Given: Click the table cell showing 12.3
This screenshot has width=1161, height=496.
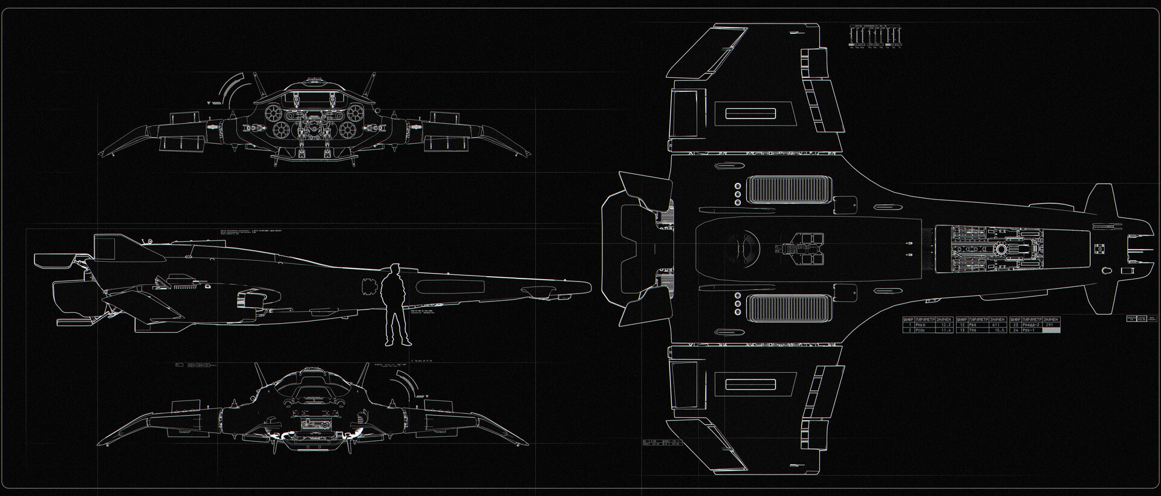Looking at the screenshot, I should tap(946, 325).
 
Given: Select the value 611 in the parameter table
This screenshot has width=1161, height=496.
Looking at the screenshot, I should tap(997, 325).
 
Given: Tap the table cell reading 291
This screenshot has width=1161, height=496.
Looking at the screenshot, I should tap(1050, 325).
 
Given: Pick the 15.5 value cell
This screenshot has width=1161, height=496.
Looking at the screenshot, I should tap(998, 330).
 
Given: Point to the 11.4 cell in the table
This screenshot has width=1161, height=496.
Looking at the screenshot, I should tap(946, 330).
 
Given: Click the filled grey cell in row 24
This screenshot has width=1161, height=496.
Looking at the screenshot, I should tap(1052, 330).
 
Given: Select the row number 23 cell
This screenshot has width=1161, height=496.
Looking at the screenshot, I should tap(1015, 325).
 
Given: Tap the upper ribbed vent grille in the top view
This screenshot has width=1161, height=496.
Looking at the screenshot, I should tap(787, 189).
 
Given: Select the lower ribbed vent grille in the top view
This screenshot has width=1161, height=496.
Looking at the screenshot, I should tap(787, 308).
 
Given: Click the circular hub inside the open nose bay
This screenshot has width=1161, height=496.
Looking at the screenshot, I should tap(1001, 249).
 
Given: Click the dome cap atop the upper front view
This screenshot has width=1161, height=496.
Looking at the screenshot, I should tap(313, 80).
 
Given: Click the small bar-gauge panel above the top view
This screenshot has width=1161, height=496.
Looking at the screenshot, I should tap(876, 36).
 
